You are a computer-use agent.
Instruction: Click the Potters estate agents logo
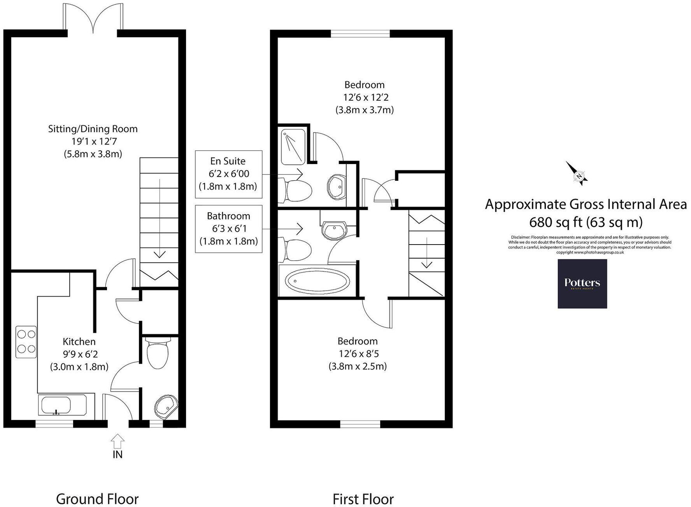point(582,283)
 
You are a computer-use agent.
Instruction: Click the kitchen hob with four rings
point(26,341)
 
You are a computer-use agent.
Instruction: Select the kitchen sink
point(55,406)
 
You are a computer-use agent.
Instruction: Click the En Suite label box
point(228,174)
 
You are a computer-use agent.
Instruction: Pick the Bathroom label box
point(228,229)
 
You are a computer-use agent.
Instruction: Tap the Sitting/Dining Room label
point(93,129)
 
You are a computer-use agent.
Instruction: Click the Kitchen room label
point(79,341)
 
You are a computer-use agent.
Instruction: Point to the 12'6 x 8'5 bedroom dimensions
point(358,354)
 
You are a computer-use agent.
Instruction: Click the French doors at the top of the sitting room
point(93,17)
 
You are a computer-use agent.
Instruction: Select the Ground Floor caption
point(97,499)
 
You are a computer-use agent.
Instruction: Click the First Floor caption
point(363,499)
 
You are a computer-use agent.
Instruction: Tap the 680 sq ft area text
point(586,222)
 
